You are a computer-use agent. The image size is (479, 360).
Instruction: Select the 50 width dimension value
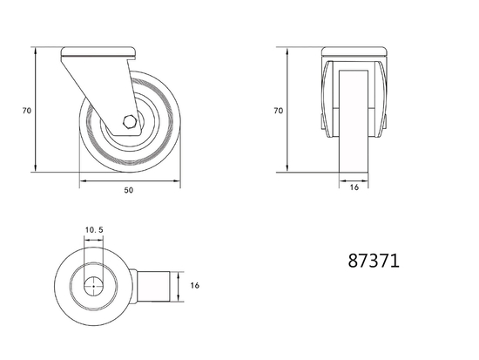(129, 189)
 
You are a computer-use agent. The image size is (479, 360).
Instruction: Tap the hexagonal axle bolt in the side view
(129, 123)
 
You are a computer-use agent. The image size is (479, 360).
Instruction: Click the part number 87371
(374, 261)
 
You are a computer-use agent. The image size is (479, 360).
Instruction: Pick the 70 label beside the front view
(279, 111)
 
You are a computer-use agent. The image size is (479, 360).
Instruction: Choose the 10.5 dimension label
(94, 230)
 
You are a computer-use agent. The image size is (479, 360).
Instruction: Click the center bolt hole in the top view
(95, 284)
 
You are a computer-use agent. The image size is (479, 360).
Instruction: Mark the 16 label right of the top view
(195, 285)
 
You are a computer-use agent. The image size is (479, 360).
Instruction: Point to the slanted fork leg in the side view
(96, 87)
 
